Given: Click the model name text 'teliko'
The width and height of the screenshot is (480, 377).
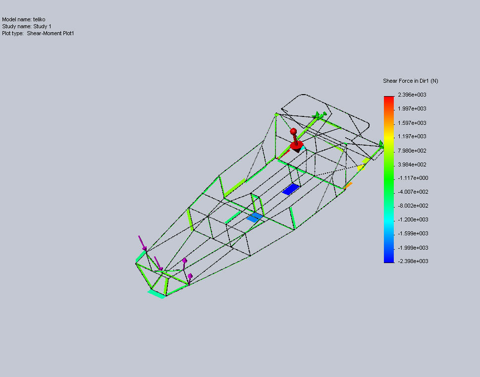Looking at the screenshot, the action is [39, 20].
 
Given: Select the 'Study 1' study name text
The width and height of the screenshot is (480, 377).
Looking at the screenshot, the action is [42, 27].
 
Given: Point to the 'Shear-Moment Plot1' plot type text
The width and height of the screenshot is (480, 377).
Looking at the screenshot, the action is [51, 33].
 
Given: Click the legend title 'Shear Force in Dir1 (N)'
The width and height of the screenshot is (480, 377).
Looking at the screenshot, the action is [411, 81].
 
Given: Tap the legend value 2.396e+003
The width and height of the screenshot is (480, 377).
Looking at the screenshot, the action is [412, 95].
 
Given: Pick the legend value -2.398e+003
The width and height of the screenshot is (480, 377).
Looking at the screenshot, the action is [413, 261].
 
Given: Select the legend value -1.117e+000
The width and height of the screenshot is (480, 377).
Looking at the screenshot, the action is [413, 178].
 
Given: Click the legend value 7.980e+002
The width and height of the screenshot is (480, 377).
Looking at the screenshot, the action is [412, 151].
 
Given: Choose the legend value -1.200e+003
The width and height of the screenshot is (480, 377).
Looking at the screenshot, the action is [413, 219].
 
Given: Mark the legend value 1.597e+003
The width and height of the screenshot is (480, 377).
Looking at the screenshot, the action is [412, 123].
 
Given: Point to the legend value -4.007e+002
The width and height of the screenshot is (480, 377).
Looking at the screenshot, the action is [413, 192].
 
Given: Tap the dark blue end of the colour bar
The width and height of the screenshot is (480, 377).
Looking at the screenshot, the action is [389, 260].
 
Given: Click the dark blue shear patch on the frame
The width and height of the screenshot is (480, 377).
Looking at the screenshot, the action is [291, 189].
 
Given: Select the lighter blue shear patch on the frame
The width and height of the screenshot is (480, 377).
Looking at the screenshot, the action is [255, 217].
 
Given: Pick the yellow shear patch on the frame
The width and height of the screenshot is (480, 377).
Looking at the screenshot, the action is [361, 167].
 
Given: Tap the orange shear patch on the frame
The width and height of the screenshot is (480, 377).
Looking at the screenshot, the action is [348, 186].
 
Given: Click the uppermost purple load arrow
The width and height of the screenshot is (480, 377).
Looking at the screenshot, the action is [142, 243].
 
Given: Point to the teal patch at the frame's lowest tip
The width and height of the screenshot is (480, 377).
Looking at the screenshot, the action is [157, 294].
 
